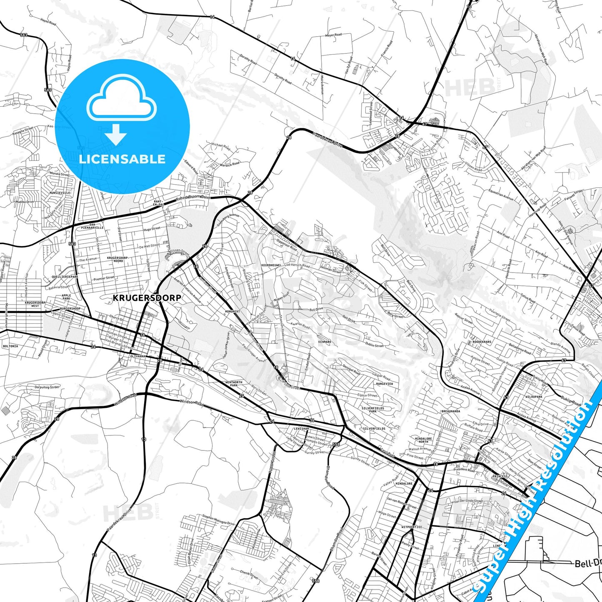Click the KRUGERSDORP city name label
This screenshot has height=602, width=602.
coord(147,298)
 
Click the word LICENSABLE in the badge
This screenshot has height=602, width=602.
coord(122,159)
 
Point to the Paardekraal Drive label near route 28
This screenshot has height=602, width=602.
coord(327,140)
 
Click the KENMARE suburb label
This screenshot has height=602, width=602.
coord(325,342)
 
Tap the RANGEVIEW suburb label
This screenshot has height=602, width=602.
coord(384,384)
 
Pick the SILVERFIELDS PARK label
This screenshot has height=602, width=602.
coord(372,410)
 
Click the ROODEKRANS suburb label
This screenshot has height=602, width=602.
coord(482,342)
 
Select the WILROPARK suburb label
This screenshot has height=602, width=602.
coord(534,397)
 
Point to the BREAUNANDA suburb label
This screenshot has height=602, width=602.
coord(451,411)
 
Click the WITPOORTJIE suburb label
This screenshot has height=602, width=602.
coord(412,527)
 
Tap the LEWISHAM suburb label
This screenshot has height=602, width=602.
coord(301,429)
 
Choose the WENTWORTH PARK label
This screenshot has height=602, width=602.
coord(234,384)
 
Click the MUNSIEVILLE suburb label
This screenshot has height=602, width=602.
coord(60,193)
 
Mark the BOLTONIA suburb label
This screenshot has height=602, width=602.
coord(10,346)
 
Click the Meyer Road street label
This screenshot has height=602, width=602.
coord(333,35)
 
